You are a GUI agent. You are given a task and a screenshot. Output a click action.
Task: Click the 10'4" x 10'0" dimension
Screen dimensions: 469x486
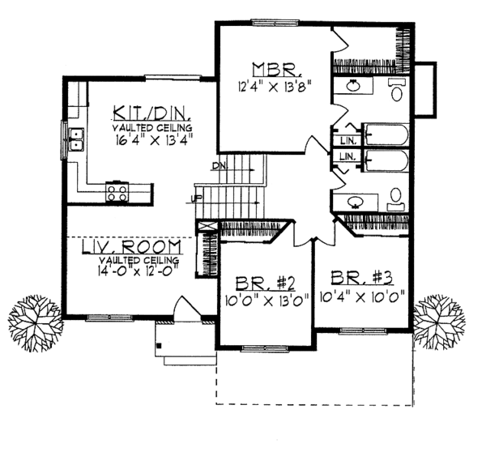tap(363, 296)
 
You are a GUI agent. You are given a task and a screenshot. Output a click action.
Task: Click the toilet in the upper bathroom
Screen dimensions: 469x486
tap(398, 92)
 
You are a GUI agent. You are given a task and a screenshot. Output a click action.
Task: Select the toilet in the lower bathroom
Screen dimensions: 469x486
tap(396, 198)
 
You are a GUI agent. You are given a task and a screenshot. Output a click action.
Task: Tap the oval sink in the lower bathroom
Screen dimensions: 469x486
tap(355, 201)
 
